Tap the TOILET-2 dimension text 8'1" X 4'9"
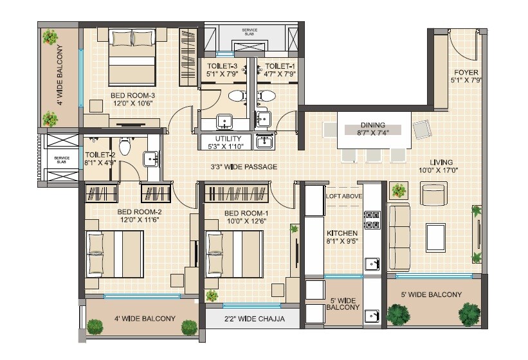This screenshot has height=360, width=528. (99, 163)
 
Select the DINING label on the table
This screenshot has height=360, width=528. (372, 125)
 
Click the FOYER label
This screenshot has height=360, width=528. (466, 72)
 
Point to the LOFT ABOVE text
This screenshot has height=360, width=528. (344, 196)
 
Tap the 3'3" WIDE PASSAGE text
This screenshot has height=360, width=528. (244, 167)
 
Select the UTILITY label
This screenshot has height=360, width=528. (228, 139)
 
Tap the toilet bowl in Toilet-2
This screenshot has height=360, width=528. (125, 147)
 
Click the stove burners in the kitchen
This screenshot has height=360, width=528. (372, 221)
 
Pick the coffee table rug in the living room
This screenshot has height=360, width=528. (436, 236)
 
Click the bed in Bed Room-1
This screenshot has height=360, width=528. (233, 251)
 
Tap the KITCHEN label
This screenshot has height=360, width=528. (342, 233)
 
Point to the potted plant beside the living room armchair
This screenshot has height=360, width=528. (399, 190)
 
